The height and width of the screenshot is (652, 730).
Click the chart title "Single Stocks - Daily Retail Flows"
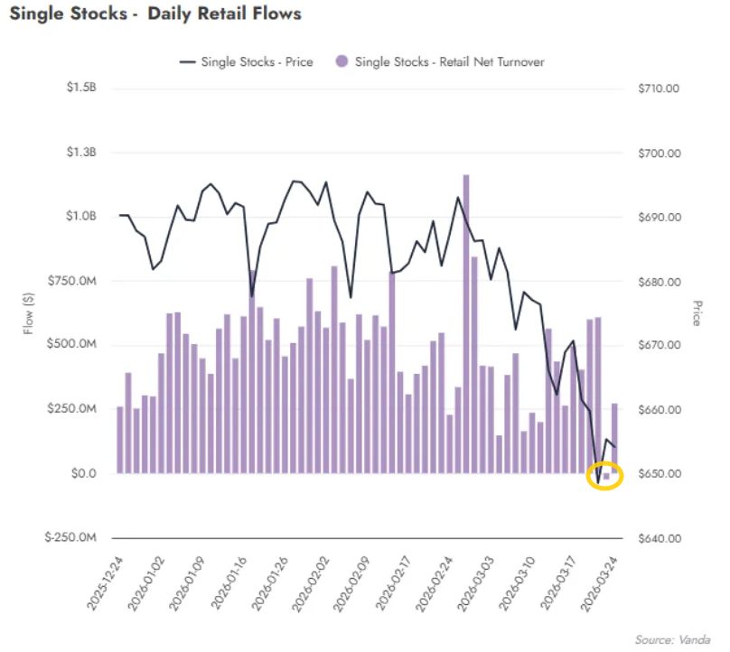click(154, 14)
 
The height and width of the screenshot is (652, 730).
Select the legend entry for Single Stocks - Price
click(249, 61)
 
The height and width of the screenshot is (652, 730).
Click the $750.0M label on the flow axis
click(75, 281)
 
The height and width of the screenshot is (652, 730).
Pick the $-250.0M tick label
click(73, 538)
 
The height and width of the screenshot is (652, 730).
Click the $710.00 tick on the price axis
click(658, 88)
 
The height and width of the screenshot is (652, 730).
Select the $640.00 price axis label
click(658, 538)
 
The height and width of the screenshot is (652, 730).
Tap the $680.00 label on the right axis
click(658, 281)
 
